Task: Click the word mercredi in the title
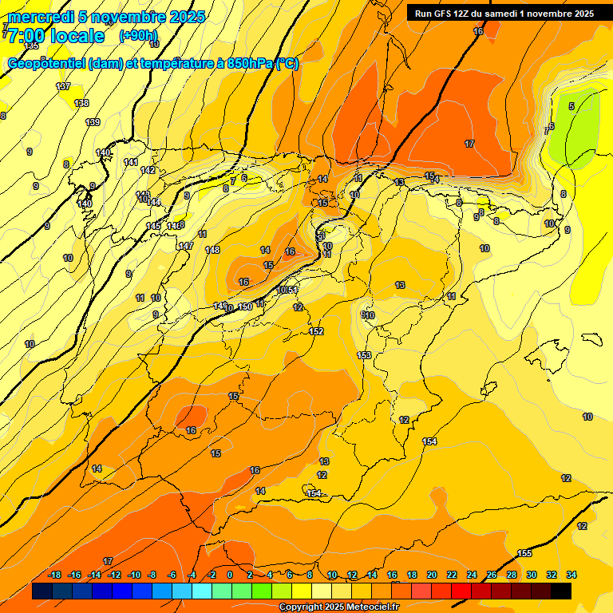pyautogui.click(x=41, y=17)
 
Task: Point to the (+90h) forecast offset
pyautogui.click(x=138, y=36)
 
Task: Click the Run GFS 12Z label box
pyautogui.click(x=504, y=13)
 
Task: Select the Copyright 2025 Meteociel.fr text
pyautogui.click(x=338, y=607)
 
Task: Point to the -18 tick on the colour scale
pyautogui.click(x=54, y=575)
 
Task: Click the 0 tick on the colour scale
pyautogui.click(x=230, y=575)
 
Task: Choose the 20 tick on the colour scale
pyautogui.click(x=432, y=575)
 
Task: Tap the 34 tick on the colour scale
pyautogui.click(x=571, y=575)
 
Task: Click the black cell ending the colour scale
pyautogui.click(x=561, y=591)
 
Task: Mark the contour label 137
pyautogui.click(x=63, y=86)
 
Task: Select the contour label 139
pyautogui.click(x=93, y=122)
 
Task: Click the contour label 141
pyautogui.click(x=131, y=162)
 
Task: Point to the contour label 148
pyautogui.click(x=212, y=251)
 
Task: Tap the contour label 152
pyautogui.click(x=316, y=331)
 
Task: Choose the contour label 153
pyautogui.click(x=364, y=355)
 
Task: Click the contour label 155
pyautogui.click(x=524, y=553)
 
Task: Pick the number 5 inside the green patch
pyautogui.click(x=571, y=106)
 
